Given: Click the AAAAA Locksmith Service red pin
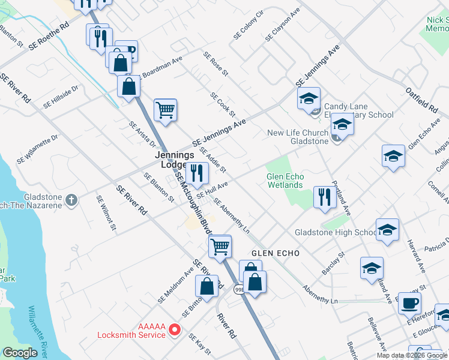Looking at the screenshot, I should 175,329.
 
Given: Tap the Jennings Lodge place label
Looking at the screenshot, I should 175,160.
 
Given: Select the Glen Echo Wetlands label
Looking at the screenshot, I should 285,181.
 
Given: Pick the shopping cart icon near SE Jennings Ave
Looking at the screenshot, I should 165,110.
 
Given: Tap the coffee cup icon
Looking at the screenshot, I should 409,303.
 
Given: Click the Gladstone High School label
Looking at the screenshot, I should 335,232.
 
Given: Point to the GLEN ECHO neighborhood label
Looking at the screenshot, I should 275,254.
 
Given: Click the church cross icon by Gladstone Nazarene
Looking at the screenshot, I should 71,199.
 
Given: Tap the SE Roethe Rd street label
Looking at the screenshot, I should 49,38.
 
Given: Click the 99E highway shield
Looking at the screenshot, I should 238,289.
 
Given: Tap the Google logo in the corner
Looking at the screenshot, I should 19,353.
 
